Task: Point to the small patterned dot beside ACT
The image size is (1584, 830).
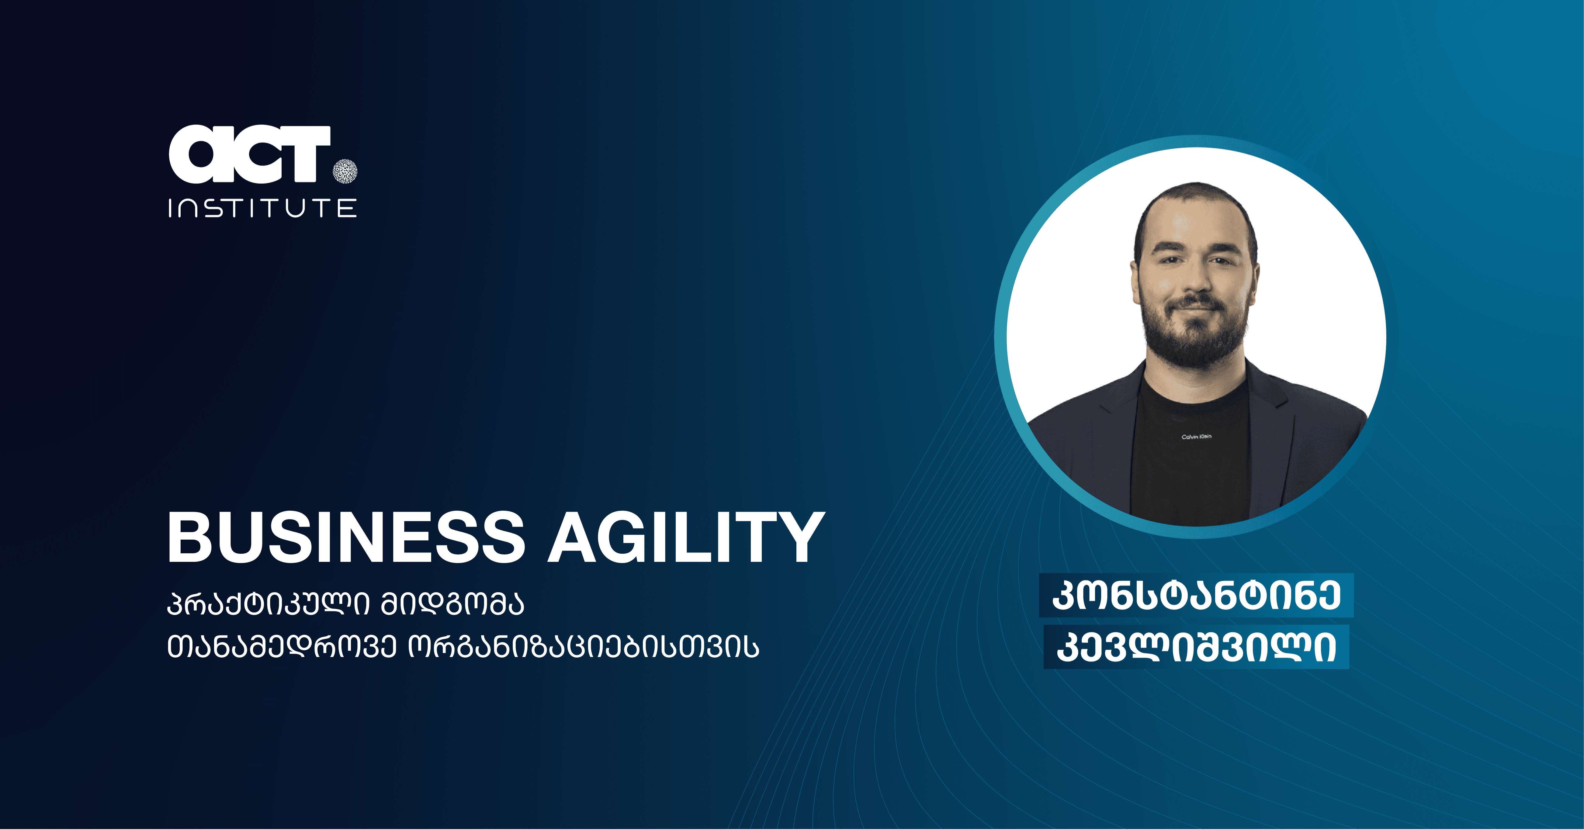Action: point(345,171)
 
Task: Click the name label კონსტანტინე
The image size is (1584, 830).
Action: point(1197,595)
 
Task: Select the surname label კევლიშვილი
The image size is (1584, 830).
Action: point(1197,647)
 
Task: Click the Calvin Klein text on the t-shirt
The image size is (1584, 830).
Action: point(1197,437)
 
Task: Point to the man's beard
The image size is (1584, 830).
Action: point(1195,332)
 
